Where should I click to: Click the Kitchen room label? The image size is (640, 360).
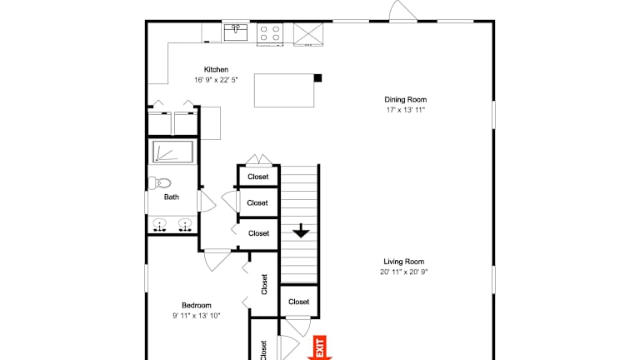tap(216, 70)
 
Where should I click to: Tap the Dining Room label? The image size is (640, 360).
tap(405, 100)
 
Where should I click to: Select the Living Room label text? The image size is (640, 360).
tap(403, 262)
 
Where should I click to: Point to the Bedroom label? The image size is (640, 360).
tap(197, 305)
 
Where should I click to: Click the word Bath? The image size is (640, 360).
tap(172, 197)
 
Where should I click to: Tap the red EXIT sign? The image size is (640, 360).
tap(320, 347)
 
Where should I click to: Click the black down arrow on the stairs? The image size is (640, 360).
tap(301, 231)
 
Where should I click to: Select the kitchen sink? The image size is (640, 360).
tap(236, 32)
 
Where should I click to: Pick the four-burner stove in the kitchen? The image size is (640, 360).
tap(270, 34)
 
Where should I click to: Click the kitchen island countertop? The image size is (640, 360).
tap(284, 90)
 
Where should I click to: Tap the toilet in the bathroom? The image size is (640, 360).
tap(159, 182)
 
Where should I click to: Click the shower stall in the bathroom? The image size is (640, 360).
tap(173, 152)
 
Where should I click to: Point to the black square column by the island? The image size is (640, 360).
tap(317, 78)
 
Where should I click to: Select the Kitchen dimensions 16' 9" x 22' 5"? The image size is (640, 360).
tap(216, 80)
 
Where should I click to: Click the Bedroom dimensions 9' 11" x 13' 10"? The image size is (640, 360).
tap(197, 316)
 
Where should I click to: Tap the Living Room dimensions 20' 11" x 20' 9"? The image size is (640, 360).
tap(403, 272)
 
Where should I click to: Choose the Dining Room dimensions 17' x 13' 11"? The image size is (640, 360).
tap(405, 110)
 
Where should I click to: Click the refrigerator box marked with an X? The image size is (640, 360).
tap(308, 34)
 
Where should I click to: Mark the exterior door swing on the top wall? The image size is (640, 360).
tap(402, 9)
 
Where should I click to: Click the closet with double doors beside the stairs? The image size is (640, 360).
tap(259, 177)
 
